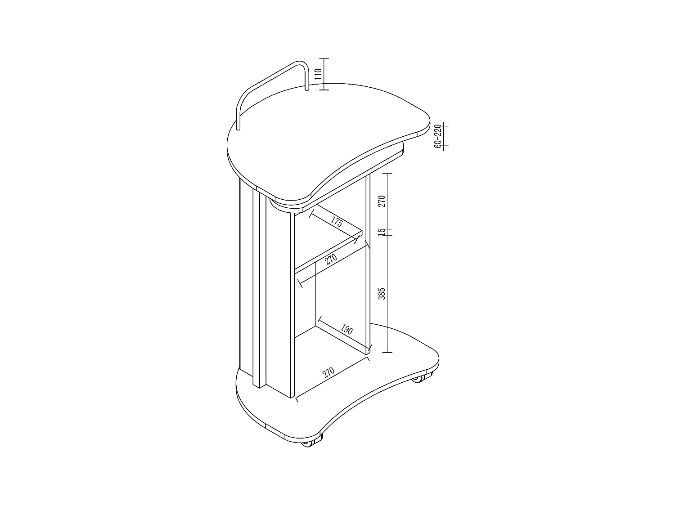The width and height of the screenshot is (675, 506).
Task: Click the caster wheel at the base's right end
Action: click(x=418, y=379)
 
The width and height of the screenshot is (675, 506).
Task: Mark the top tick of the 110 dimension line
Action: click(x=324, y=58)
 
